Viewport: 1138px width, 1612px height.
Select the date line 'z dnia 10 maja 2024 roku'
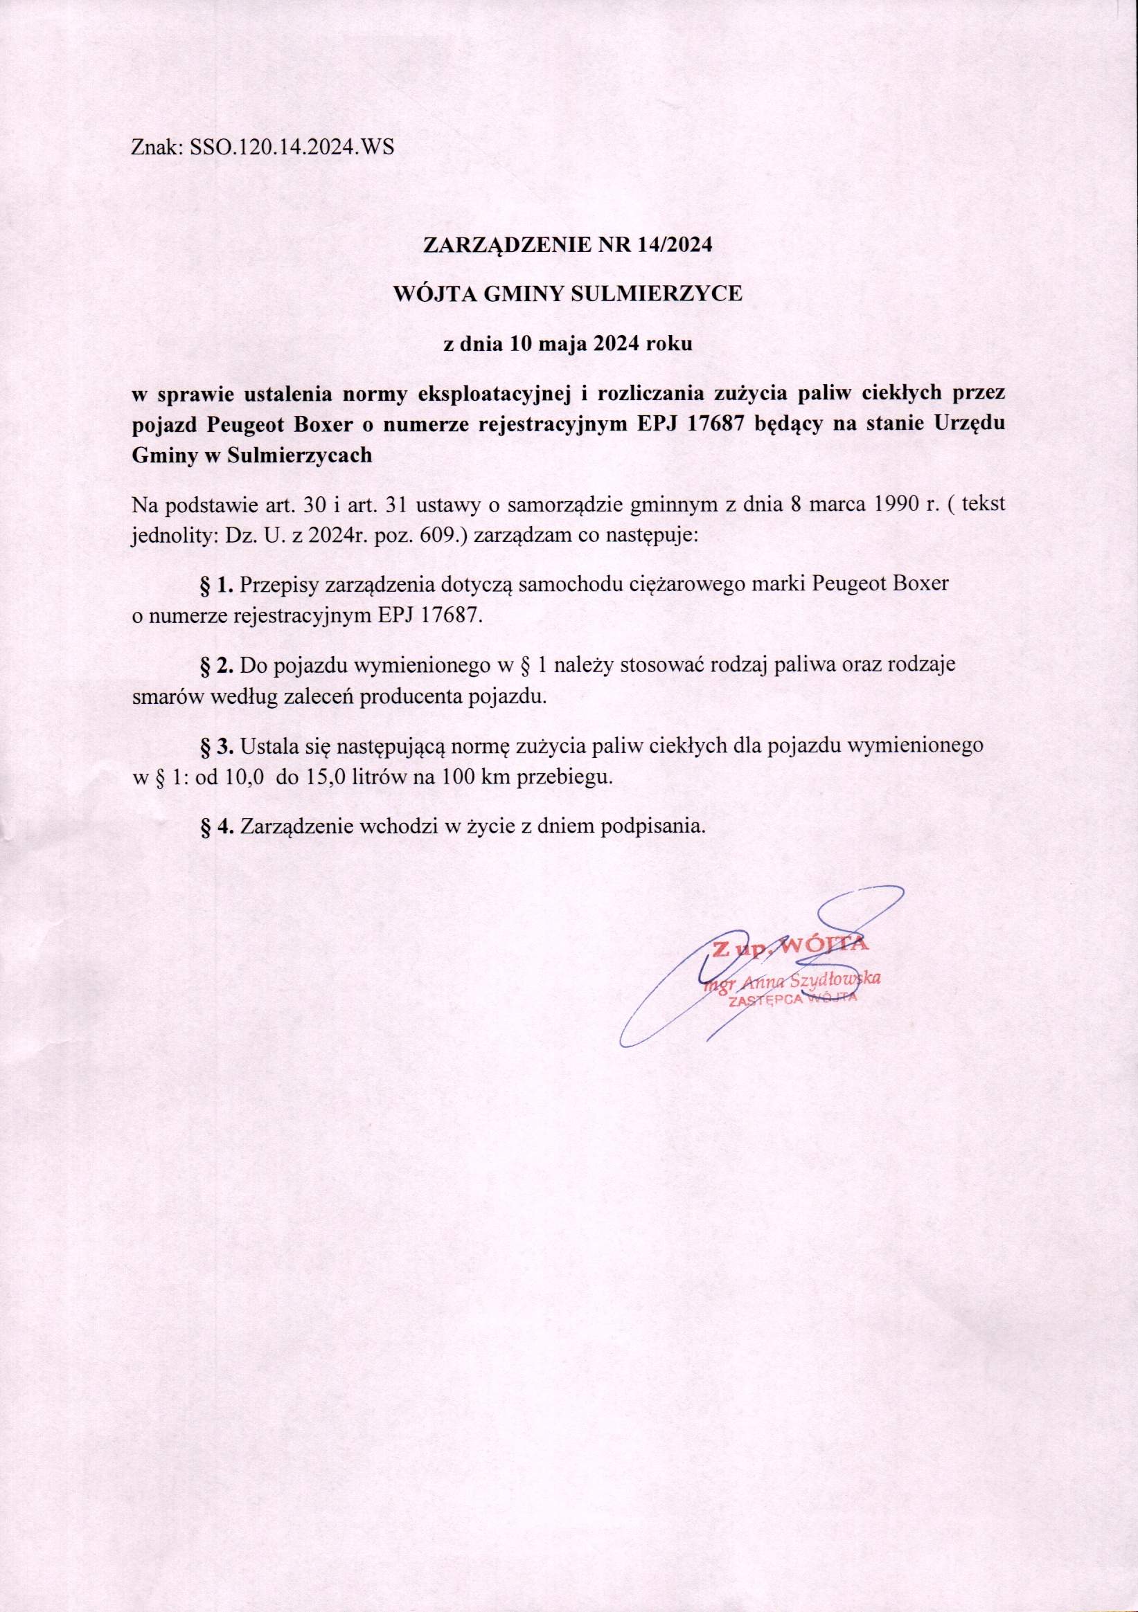(x=568, y=344)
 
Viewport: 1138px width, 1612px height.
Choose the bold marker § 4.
(x=216, y=826)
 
